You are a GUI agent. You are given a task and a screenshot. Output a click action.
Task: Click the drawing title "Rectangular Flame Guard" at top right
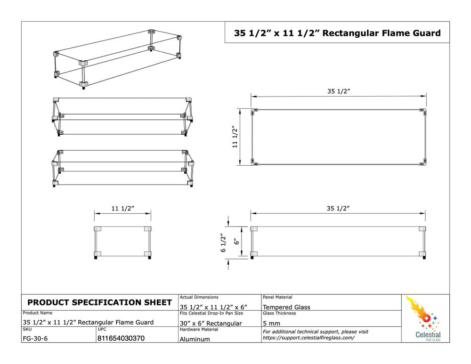point(382,33)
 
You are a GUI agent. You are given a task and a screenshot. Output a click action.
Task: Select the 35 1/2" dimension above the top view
point(339,91)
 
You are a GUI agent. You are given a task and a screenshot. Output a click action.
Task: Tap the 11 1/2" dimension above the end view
point(122,208)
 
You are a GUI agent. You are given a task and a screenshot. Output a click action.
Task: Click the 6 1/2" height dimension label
point(223,243)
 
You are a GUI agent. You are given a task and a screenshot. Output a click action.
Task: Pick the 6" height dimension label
point(237,241)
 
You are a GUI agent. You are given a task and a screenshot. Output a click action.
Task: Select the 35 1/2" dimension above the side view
point(338,208)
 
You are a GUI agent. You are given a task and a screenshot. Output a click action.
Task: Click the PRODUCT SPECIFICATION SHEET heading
point(99,302)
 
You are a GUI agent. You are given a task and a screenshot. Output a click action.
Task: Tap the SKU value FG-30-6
point(35,339)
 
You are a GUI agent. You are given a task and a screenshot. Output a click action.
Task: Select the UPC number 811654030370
point(121,339)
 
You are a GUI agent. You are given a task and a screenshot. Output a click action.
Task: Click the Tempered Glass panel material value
point(286,307)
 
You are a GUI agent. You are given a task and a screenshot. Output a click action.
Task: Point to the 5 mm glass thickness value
point(272,324)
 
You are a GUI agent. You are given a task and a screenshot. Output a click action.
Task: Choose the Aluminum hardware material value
point(195,340)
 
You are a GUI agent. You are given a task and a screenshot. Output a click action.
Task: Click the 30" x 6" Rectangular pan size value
point(211,324)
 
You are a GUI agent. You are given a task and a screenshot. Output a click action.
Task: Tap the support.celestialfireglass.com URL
point(309,338)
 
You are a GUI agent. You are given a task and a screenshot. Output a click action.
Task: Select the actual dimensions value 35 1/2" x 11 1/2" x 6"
point(213,307)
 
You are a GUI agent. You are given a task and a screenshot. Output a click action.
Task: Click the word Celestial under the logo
point(428,334)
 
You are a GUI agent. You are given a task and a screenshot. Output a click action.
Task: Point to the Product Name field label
point(38,313)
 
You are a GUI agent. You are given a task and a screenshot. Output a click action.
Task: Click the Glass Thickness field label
point(279,313)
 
